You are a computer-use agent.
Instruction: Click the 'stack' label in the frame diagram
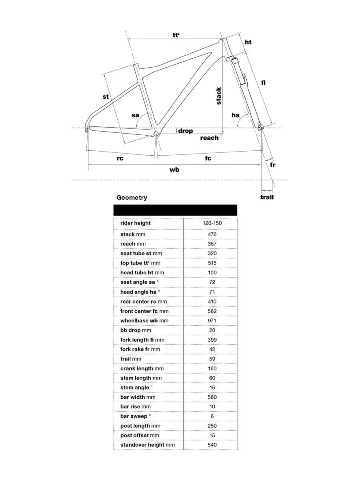(x=218, y=96)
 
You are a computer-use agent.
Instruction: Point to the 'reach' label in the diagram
(x=209, y=138)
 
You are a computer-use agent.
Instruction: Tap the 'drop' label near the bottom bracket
(x=185, y=131)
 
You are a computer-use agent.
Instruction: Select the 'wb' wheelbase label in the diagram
(x=174, y=170)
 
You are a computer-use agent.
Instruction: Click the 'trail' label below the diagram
(x=267, y=197)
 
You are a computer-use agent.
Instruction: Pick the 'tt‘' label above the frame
(x=176, y=35)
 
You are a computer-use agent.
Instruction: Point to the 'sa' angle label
(x=135, y=115)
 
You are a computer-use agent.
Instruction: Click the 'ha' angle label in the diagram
(x=236, y=115)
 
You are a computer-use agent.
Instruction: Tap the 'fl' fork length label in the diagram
(x=264, y=83)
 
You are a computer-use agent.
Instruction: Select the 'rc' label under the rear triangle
(x=120, y=158)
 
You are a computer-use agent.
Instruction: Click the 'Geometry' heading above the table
(x=132, y=198)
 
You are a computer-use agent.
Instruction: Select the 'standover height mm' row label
(x=148, y=445)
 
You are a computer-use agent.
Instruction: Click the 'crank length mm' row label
(x=142, y=368)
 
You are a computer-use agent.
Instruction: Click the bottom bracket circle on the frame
(x=156, y=134)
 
